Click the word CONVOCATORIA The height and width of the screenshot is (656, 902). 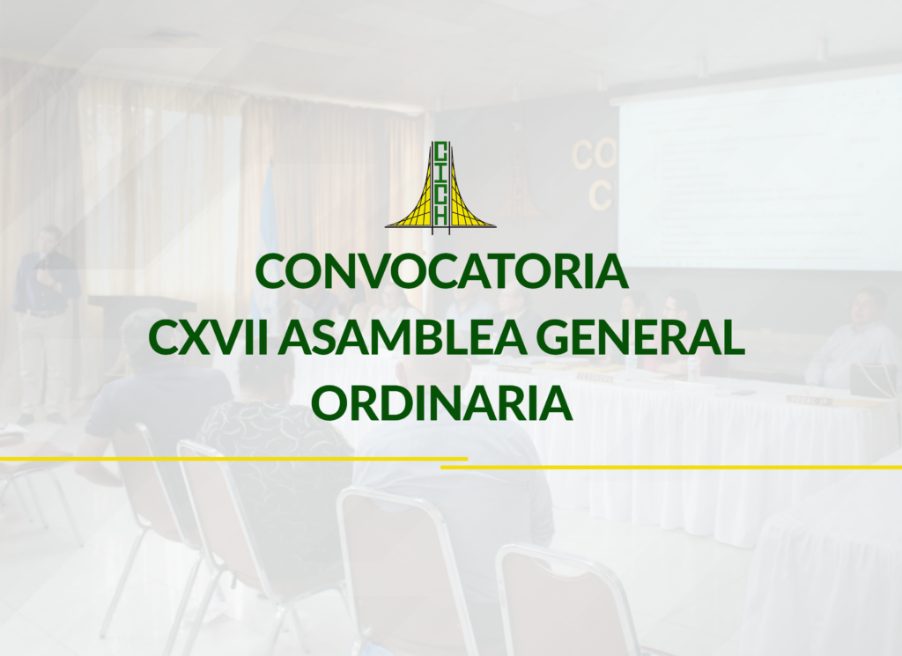tap(441, 271)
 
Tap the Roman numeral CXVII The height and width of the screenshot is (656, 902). tap(208, 337)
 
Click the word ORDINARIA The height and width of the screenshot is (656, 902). tap(442, 403)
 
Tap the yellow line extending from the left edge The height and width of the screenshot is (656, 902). tap(233, 459)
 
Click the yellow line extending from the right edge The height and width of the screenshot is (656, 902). tap(671, 468)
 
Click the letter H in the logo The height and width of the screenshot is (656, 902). tap(441, 217)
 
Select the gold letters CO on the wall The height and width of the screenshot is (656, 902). tap(594, 155)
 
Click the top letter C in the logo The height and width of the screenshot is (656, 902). tap(441, 151)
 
